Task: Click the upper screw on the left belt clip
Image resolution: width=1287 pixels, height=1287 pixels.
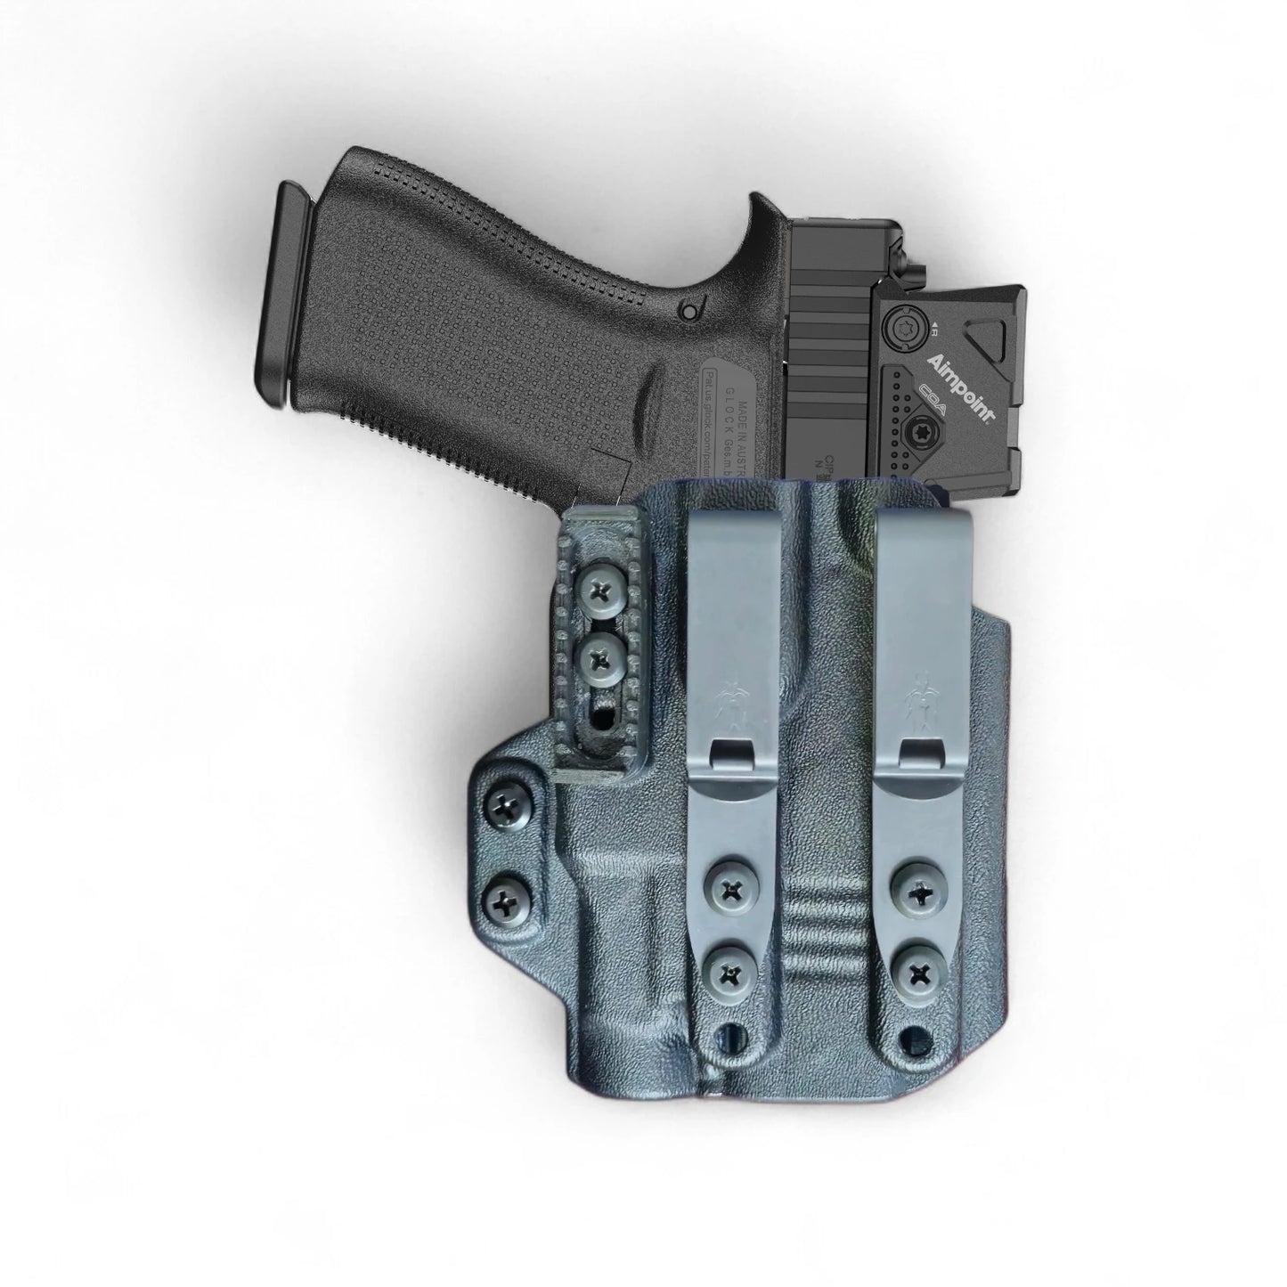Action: click(733, 888)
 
